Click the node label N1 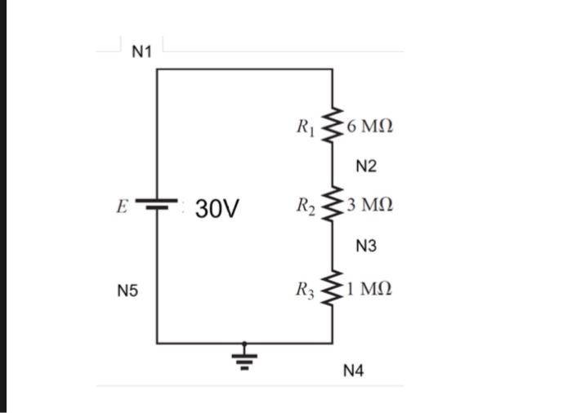click(142, 52)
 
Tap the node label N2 click(367, 167)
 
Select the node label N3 click(367, 245)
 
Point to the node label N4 click(354, 371)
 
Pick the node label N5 click(127, 290)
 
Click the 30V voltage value click(217, 209)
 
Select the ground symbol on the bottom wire click(244, 357)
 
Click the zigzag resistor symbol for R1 click(333, 127)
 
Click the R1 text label click(306, 127)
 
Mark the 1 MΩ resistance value click(369, 288)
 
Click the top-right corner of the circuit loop click(333, 69)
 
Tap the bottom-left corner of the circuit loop click(157, 344)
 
